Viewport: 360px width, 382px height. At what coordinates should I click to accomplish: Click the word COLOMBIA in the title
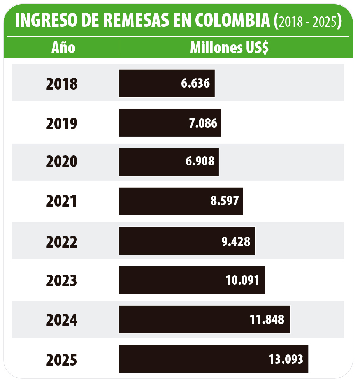point(231,21)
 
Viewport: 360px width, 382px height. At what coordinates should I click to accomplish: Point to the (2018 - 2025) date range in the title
point(308,22)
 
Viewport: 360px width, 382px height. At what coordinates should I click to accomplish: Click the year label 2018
point(62,84)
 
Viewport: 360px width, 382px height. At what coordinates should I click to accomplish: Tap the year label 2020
point(62,162)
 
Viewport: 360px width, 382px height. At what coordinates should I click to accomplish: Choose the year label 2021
point(62,201)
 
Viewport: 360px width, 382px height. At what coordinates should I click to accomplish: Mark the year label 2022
point(62,241)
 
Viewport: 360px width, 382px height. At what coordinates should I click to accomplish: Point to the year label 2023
point(62,280)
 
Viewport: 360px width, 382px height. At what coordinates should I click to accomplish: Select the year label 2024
point(62,320)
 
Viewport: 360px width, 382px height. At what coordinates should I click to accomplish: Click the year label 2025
point(62,359)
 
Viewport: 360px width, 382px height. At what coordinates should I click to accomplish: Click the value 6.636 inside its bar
point(195,83)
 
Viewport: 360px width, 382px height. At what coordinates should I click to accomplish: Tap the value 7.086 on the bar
point(202,123)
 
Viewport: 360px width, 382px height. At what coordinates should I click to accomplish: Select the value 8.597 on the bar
point(224,201)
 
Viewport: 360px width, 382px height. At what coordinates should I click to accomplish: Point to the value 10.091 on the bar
point(242,280)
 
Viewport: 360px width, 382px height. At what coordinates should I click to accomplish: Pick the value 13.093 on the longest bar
point(286,359)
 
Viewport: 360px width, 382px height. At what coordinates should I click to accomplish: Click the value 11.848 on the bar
point(267,319)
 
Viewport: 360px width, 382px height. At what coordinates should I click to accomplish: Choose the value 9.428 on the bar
point(236,241)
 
